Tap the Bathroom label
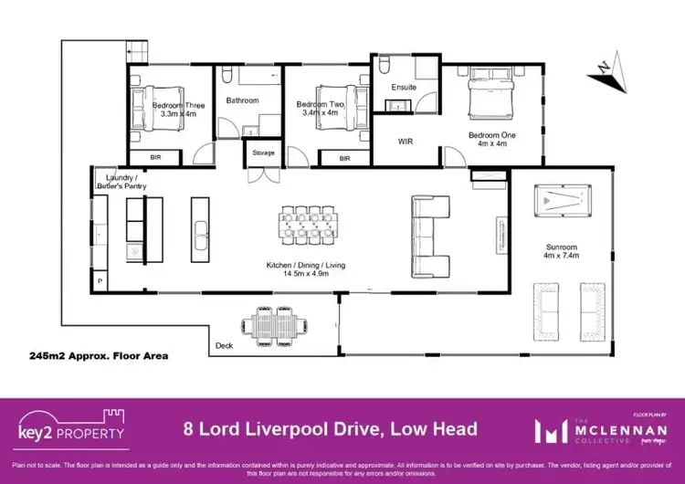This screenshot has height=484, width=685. (x=243, y=100)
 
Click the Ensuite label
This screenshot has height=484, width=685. (x=404, y=88)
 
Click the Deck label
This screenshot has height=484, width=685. (x=224, y=346)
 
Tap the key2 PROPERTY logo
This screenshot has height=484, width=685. (x=71, y=426)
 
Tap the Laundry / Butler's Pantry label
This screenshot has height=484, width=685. (x=121, y=181)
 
